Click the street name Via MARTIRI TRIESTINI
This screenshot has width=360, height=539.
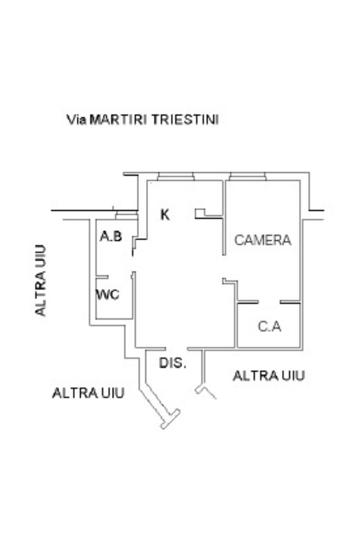coord(142,120)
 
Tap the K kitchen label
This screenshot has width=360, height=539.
coord(165,214)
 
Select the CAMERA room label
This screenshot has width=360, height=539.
coord(262,240)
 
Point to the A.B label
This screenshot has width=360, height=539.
coord(111,237)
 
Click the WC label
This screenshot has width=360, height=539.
coord(108,295)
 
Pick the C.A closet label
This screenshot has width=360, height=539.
coord(269,327)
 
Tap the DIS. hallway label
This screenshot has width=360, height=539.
coord(173,364)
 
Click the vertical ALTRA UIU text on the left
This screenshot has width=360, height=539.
coord(41,280)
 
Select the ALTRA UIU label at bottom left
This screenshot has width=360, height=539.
coord(88,393)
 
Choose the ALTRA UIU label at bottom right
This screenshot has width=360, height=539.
coord(269,376)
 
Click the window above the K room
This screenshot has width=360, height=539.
coord(176,177)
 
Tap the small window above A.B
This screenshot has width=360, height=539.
coord(125,215)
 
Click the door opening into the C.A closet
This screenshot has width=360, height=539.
coord(269,302)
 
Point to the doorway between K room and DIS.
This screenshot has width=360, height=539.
coord(177,348)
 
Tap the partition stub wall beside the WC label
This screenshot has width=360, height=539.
coord(102,277)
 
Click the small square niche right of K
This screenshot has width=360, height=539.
coord(200,213)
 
